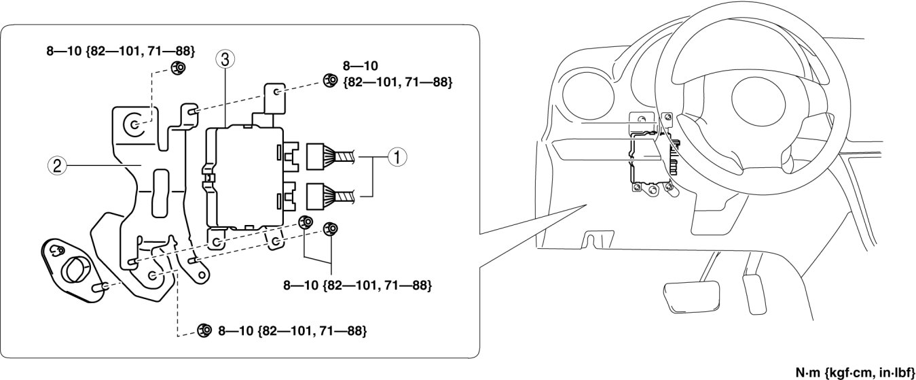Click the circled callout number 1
tap(397, 158)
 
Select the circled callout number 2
tap(57, 166)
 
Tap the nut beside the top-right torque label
tap(329, 80)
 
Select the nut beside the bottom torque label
tap(204, 330)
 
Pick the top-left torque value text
tap(120, 51)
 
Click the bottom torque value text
tap(293, 330)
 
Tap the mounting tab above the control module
tap(274, 99)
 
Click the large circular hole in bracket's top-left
tap(134, 124)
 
